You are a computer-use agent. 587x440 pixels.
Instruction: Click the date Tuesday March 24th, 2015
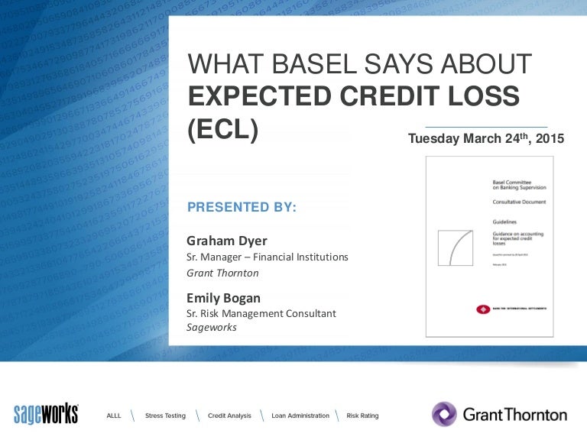pyautogui.click(x=485, y=139)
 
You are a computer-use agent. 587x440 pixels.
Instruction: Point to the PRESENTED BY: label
pyautogui.click(x=242, y=207)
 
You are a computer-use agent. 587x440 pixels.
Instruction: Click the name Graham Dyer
pyautogui.click(x=226, y=241)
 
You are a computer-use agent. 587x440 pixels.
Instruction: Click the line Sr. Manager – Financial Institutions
pyautogui.click(x=268, y=257)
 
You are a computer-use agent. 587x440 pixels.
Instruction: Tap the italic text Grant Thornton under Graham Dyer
pyautogui.click(x=222, y=273)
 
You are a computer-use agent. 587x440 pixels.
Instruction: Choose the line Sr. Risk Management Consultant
pyautogui.click(x=261, y=313)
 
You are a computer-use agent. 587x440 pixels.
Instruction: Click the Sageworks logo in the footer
pyautogui.click(x=46, y=413)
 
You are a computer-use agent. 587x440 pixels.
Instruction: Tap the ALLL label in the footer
pyautogui.click(x=114, y=416)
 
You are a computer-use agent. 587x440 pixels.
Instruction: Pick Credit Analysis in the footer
pyautogui.click(x=229, y=416)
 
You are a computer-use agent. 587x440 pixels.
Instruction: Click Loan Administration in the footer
pyautogui.click(x=300, y=416)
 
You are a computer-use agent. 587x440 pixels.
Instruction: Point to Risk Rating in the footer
pyautogui.click(x=362, y=416)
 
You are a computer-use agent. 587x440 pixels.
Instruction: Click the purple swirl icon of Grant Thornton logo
pyautogui.click(x=444, y=415)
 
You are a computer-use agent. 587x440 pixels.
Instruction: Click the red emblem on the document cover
pyautogui.click(x=482, y=309)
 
